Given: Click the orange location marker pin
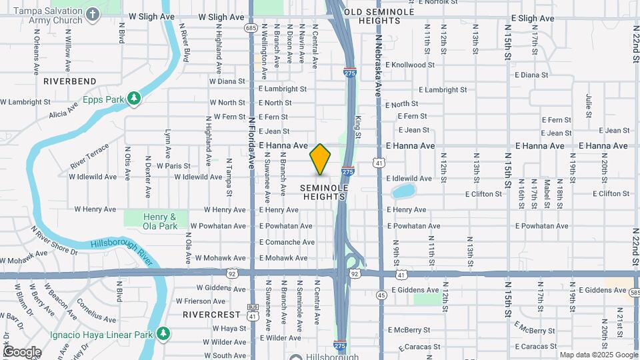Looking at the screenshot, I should coord(320,159).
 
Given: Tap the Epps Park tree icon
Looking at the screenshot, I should coord(135,99).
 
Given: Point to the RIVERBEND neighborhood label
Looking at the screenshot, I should coord(70,81).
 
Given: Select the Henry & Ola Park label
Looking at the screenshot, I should coord(159,221).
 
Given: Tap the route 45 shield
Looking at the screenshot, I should coord(381,295).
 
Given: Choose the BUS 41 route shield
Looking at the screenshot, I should coord(252,312).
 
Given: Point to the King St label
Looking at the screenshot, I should coord(358,127).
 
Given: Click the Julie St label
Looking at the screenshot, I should coord(589,105).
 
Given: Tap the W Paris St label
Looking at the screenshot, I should coord(173,165).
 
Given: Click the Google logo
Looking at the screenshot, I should coord(22,351).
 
